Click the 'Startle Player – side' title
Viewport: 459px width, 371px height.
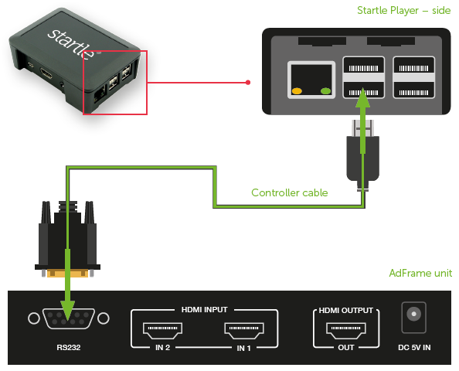pos(403,11)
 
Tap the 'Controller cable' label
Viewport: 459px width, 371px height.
pos(290,192)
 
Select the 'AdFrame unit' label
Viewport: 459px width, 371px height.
pos(420,273)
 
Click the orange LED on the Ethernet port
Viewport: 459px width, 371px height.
pos(297,91)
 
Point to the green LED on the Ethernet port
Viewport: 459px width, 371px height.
pos(325,91)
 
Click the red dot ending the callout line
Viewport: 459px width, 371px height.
pos(248,83)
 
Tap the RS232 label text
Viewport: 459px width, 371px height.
pos(69,347)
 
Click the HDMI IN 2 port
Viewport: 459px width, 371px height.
pos(162,330)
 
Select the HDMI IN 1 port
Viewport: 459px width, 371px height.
pos(244,330)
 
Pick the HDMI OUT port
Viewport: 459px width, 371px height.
pos(345,330)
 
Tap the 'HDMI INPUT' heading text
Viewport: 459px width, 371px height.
pos(204,310)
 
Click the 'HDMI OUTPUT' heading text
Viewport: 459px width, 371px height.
pos(345,311)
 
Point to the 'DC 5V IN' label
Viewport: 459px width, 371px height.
pos(414,348)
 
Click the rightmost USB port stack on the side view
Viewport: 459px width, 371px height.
pos(413,77)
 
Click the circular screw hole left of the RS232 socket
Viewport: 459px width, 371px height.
pos(34,318)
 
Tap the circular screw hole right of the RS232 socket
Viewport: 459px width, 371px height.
pos(104,318)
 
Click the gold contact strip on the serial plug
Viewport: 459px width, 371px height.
pos(67,273)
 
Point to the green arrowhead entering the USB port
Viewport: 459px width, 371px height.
pos(362,97)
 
